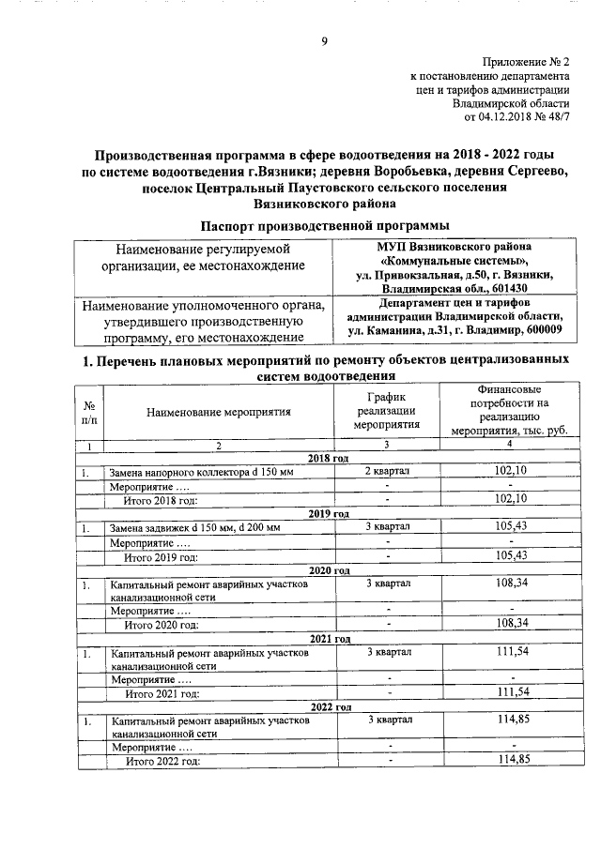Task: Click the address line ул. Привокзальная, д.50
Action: pyautogui.click(x=453, y=275)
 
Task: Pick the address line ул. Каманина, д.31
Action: pyautogui.click(x=455, y=330)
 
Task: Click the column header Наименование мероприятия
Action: pyautogui.click(x=218, y=411)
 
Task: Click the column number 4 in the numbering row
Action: pyautogui.click(x=509, y=444)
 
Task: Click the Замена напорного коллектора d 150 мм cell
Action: pyautogui.click(x=201, y=471)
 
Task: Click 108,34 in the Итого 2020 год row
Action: pyautogui.click(x=509, y=622)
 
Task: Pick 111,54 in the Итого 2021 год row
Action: pyautogui.click(x=509, y=692)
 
